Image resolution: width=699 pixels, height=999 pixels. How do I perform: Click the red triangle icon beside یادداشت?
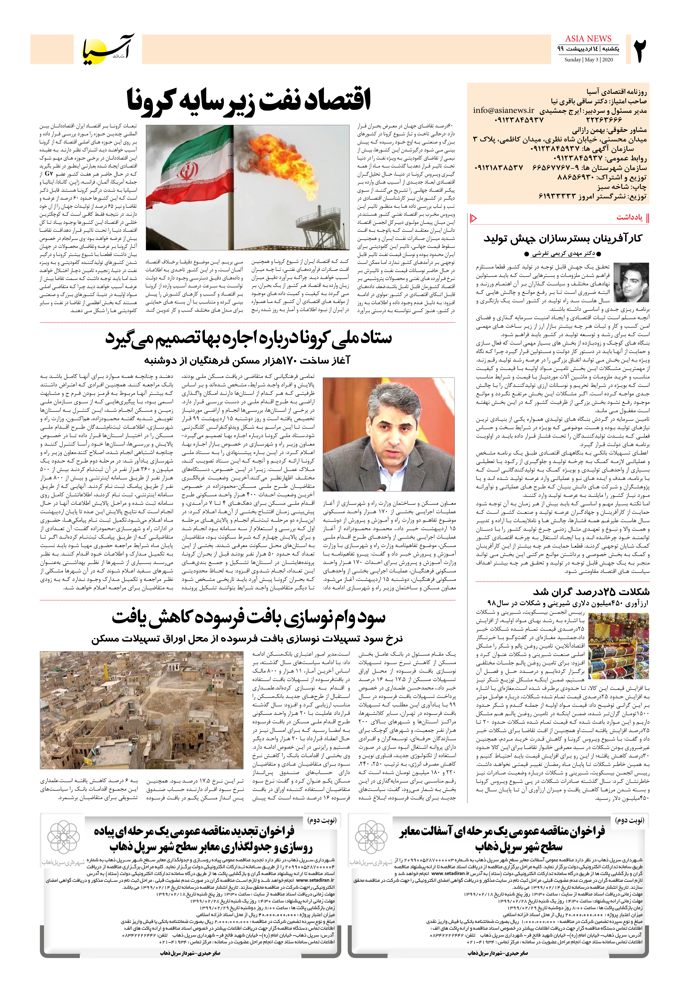click(x=474, y=218)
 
